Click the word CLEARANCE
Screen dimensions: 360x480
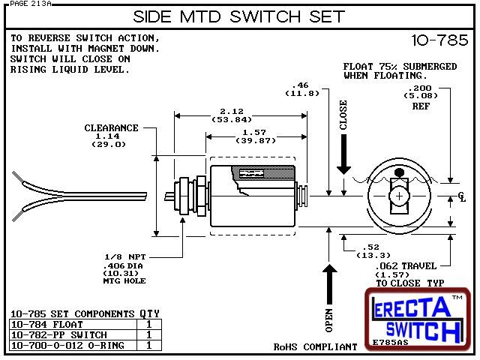[111, 128]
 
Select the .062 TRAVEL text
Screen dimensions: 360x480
[409, 265]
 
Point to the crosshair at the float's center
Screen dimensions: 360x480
[400, 196]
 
